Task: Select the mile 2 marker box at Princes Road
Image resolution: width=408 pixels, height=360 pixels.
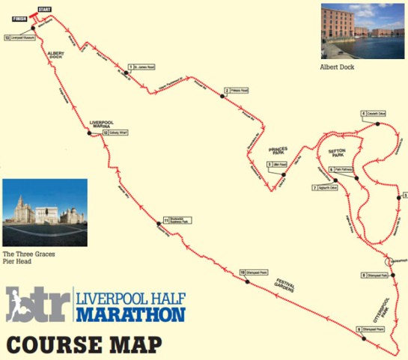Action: click(x=236, y=92)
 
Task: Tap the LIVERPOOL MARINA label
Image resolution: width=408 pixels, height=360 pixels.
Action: click(x=103, y=123)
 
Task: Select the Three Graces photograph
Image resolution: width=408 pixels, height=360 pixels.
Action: click(x=45, y=213)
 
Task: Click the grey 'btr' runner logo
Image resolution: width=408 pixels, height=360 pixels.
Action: click(x=35, y=304)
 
